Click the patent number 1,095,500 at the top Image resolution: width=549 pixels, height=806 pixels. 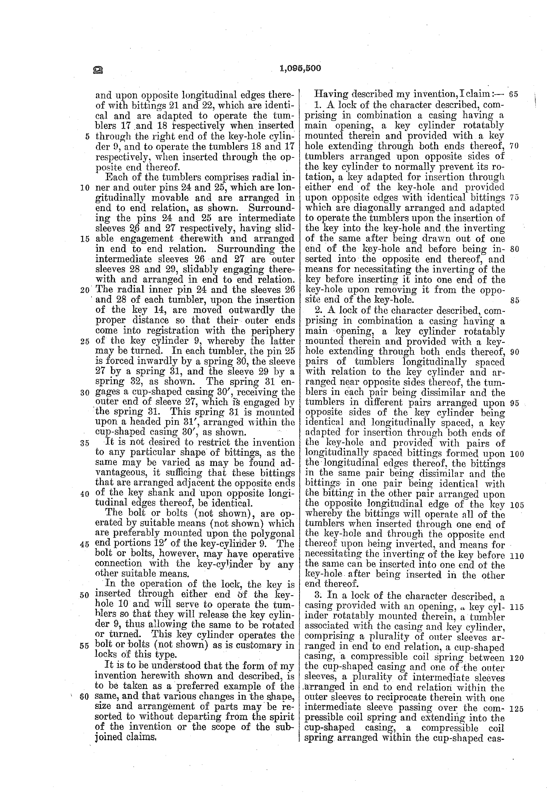[300, 68]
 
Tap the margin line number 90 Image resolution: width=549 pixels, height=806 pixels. [515, 352]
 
